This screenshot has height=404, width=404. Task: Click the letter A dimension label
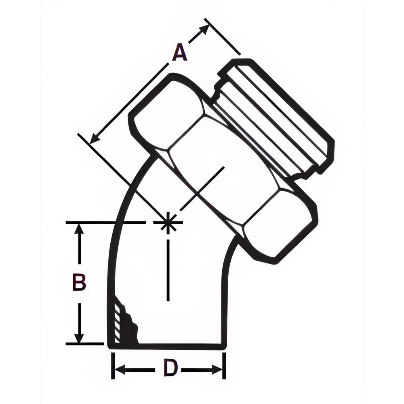179,53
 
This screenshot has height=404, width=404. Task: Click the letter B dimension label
79,282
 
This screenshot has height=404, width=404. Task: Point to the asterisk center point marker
168,222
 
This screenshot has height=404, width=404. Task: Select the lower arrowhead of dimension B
79,338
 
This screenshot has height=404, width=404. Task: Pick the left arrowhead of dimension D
119,369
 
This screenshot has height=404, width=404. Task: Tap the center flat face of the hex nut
222,170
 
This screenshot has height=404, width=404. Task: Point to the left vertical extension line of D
113,366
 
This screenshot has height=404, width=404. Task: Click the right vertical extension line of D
224,366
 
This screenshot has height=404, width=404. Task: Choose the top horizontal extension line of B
105,222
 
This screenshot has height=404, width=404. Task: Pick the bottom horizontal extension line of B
85,344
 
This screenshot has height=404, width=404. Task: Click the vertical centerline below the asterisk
168,271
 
